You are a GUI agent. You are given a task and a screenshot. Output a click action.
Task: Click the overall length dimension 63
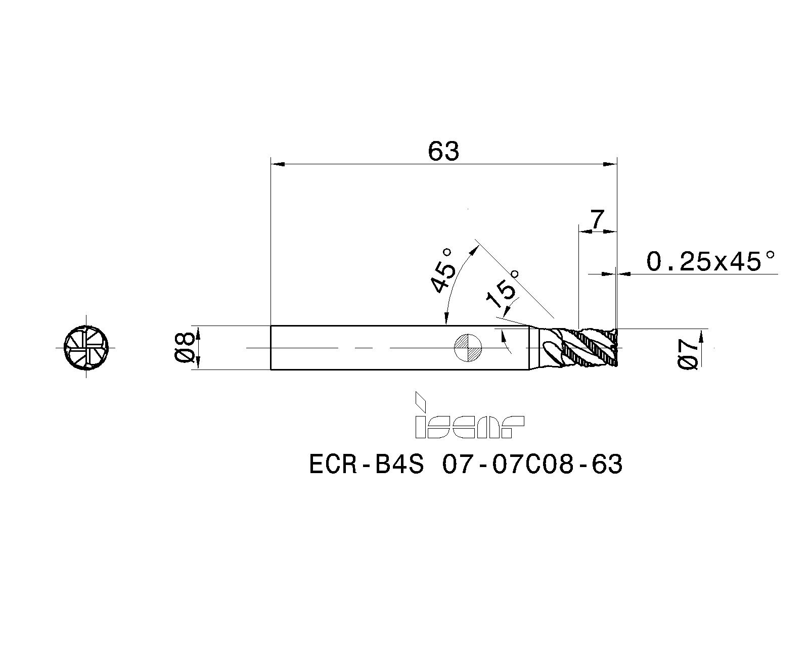(x=443, y=151)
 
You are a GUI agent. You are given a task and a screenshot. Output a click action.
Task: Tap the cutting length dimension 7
(x=597, y=220)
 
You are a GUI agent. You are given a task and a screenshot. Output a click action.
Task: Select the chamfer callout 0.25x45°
(x=710, y=261)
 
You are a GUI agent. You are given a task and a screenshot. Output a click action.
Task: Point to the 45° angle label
(x=443, y=270)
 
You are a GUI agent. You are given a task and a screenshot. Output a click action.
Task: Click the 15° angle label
(x=502, y=290)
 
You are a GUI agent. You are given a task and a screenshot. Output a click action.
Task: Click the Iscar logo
(x=469, y=416)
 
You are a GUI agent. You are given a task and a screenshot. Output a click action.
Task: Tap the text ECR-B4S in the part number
(x=366, y=465)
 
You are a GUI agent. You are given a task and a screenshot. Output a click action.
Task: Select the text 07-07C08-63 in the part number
(x=532, y=465)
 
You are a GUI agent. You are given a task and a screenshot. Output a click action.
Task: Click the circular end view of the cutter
(x=86, y=348)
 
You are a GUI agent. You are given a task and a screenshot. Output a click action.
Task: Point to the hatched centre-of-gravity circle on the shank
(x=468, y=348)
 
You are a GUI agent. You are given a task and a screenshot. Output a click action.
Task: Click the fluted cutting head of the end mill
(x=581, y=348)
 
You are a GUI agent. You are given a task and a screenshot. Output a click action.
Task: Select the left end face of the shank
(x=271, y=348)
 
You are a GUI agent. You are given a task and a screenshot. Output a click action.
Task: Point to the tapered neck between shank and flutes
(x=534, y=348)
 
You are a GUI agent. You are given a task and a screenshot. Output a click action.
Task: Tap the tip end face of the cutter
(x=617, y=348)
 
